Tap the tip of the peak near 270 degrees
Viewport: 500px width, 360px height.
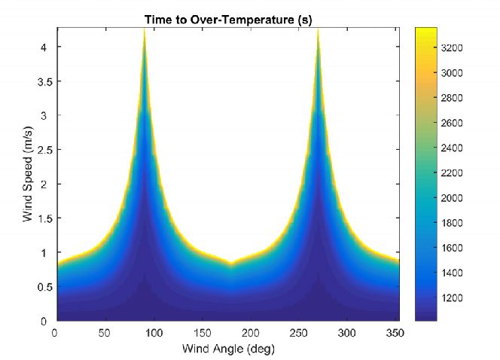[319, 30]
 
